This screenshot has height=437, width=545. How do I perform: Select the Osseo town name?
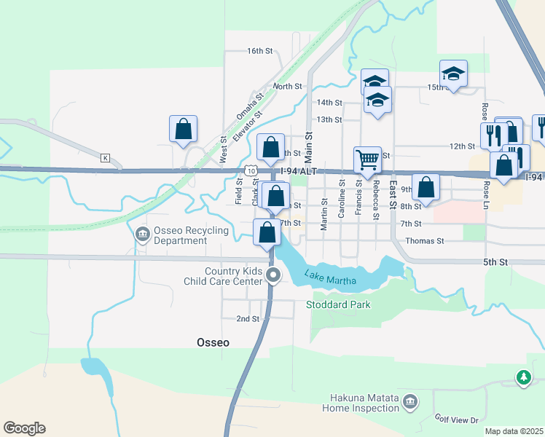(x=214, y=342)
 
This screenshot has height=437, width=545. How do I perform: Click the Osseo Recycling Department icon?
(x=141, y=234)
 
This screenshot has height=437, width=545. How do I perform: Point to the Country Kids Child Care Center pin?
(x=273, y=275)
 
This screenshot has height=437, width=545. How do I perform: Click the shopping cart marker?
(x=367, y=159)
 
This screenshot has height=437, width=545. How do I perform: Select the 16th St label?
(x=259, y=51)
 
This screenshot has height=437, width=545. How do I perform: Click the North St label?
(x=287, y=86)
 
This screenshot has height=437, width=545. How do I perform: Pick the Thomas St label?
(x=425, y=240)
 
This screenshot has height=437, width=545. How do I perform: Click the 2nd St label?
(x=248, y=319)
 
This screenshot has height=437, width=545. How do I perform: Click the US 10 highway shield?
(x=251, y=170)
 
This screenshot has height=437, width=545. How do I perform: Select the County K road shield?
(x=106, y=157)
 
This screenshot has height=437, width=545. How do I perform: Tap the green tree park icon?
(x=523, y=377)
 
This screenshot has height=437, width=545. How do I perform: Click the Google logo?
(x=24, y=428)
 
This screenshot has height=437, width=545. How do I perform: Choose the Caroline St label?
(x=341, y=205)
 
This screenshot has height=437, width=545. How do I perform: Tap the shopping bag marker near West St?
(x=184, y=128)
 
